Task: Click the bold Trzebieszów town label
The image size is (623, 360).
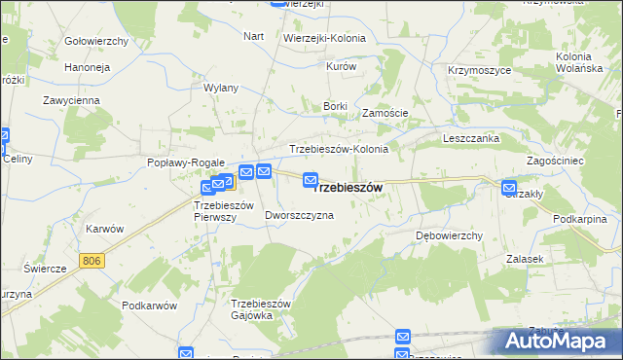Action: [350, 187]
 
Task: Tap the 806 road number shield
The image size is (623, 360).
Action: [92, 261]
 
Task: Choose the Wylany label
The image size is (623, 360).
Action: [221, 88]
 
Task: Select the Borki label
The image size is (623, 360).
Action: [335, 104]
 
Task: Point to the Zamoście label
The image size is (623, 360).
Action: [385, 113]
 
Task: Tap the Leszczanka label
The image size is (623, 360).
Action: [471, 139]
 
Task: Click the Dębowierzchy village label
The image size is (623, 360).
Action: [450, 235]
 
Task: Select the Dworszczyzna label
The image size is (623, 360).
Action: [299, 215]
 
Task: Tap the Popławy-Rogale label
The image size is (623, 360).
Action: [186, 163]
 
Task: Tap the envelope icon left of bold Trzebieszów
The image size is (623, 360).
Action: [311, 179]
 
